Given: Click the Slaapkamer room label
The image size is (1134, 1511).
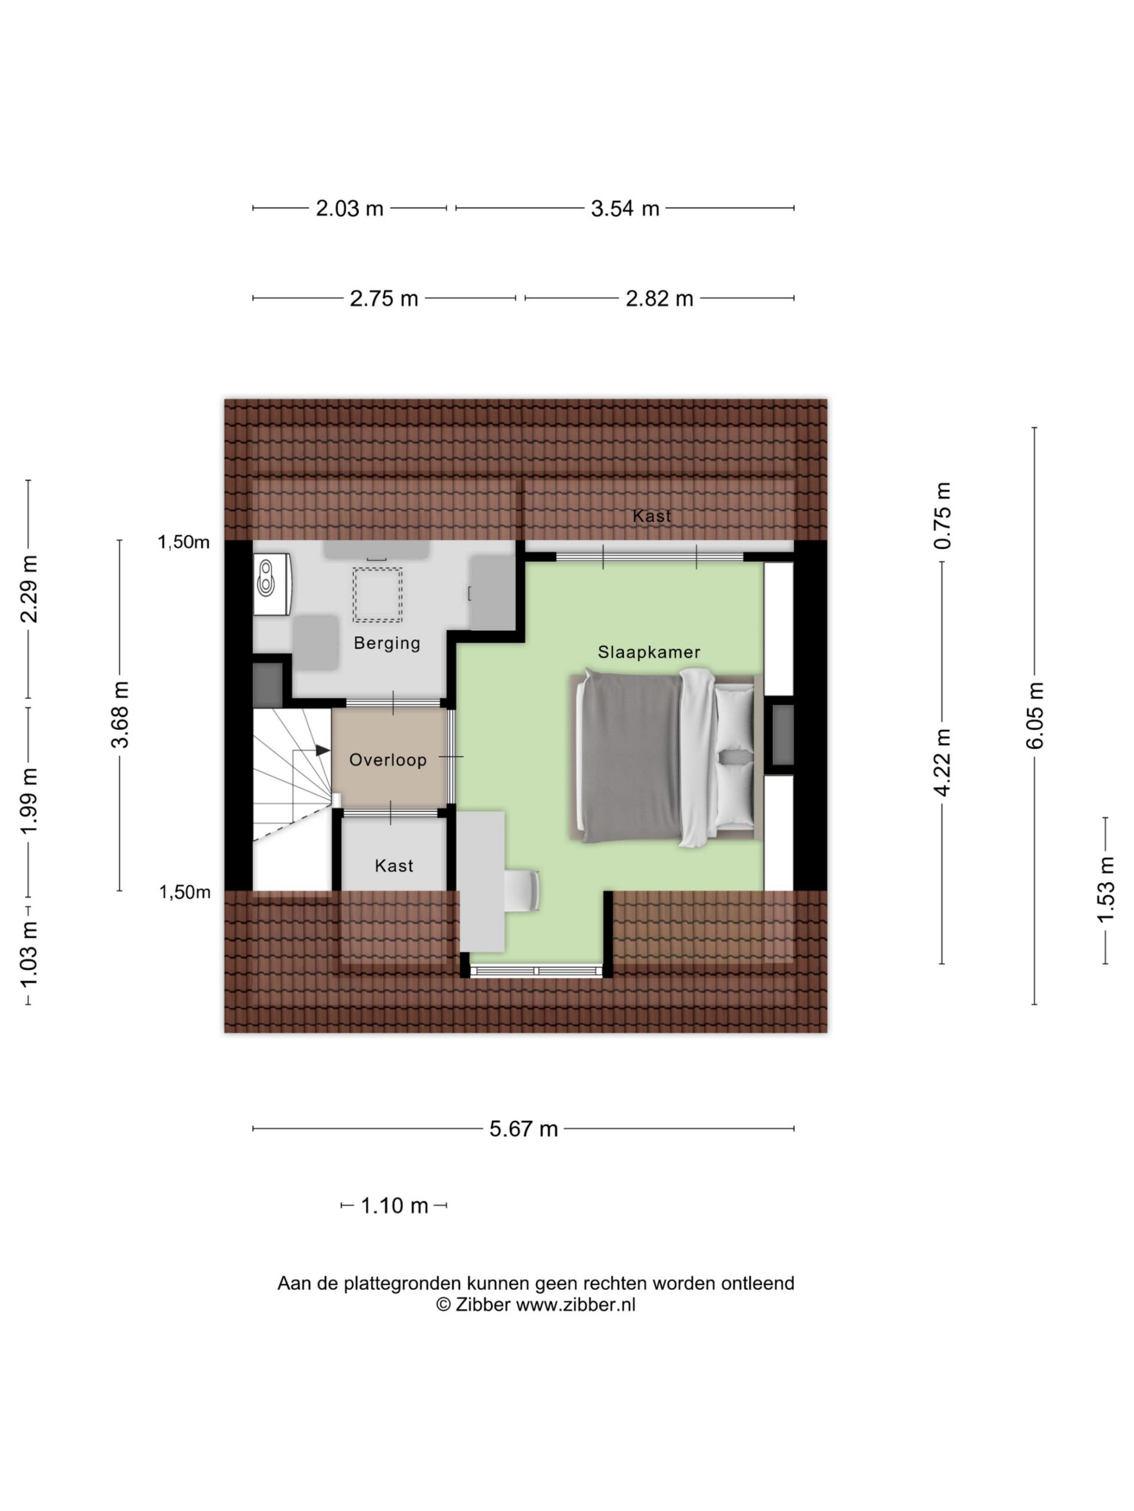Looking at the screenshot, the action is click(649, 652).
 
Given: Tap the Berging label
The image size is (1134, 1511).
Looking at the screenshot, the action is click(387, 643).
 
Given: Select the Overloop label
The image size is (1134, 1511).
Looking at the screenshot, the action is click(387, 760).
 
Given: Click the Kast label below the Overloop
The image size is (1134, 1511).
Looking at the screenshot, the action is click(395, 866).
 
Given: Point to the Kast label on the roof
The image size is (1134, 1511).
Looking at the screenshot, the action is click(651, 516).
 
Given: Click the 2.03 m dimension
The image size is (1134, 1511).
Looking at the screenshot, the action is click(349, 208).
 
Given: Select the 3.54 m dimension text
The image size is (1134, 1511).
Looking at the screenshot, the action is click(625, 208).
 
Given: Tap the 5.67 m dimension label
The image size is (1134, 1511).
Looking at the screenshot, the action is click(524, 1129).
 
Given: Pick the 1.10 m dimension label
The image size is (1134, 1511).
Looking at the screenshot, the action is click(395, 1206).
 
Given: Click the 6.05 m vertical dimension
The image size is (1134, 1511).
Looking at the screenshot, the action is click(1034, 715).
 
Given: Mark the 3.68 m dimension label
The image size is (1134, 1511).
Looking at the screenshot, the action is click(120, 715).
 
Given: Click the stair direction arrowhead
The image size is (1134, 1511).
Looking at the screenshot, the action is click(322, 750).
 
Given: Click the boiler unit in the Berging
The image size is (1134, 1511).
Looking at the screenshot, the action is click(273, 584).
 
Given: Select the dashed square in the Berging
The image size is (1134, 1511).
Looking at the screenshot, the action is click(377, 595).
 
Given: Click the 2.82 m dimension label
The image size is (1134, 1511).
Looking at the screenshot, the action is click(659, 299).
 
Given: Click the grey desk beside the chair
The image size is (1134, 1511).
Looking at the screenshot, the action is click(481, 881).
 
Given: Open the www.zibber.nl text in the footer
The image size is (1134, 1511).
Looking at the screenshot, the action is click(575, 1304).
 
